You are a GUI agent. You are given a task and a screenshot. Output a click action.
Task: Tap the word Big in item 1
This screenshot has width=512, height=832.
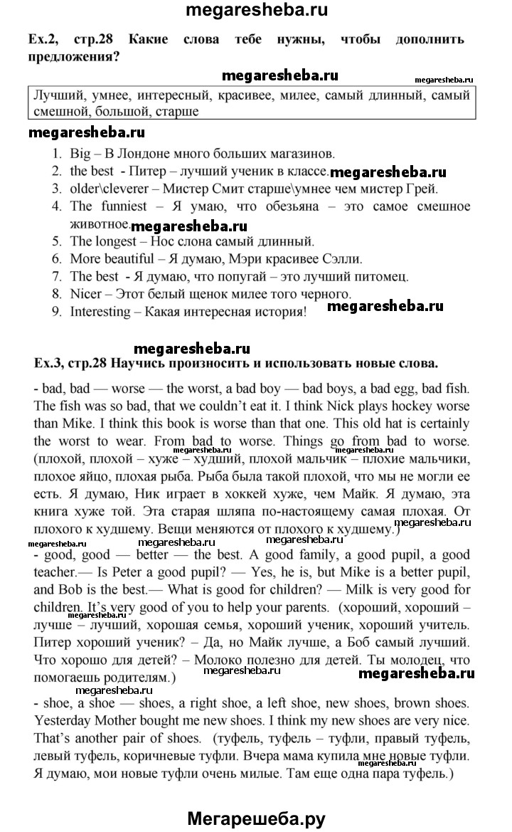pos(80,153)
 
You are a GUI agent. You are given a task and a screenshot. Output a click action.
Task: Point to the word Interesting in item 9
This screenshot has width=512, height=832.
pos(100,311)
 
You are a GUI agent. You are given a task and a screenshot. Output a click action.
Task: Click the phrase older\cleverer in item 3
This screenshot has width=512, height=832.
pos(111,189)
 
